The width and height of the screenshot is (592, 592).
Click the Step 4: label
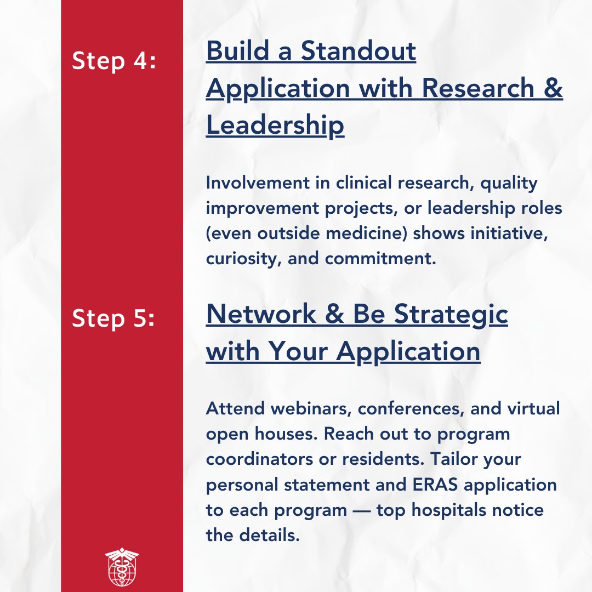click(x=114, y=61)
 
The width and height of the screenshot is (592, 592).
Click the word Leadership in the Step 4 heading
click(x=275, y=126)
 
